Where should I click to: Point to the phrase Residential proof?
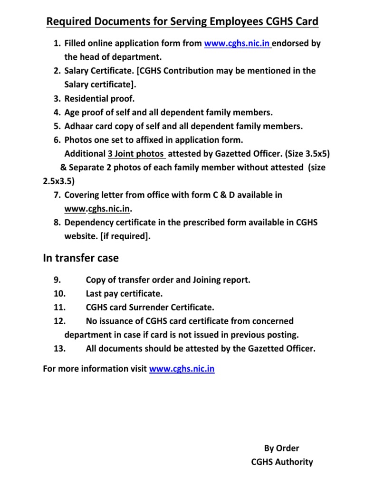click(x=100, y=99)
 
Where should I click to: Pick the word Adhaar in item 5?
click(x=78, y=126)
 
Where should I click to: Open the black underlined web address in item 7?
click(x=97, y=209)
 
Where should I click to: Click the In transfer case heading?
click(x=81, y=258)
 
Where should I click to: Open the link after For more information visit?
click(x=182, y=369)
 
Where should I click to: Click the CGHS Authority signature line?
click(x=282, y=462)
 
